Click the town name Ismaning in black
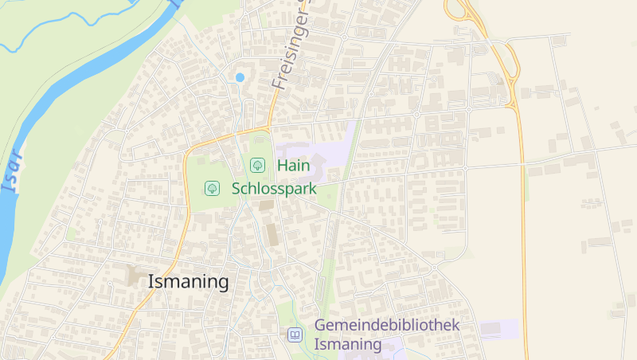click(x=189, y=282)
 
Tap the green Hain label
click(x=293, y=166)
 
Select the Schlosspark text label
click(x=274, y=189)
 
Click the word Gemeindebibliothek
click(x=387, y=325)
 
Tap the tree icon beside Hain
click(x=257, y=166)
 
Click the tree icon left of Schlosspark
click(x=212, y=189)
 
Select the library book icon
click(x=295, y=335)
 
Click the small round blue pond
click(x=240, y=77)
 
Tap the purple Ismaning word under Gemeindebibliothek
click(x=348, y=345)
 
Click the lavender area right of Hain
click(x=334, y=151)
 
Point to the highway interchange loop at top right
click(x=458, y=10)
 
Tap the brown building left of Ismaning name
click(x=133, y=277)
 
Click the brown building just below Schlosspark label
click(x=266, y=205)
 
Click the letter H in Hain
click(x=282, y=166)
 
